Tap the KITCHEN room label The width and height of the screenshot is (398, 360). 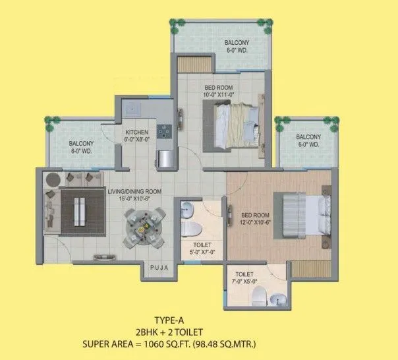click(137, 131)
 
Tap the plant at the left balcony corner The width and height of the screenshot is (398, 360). click(49, 121)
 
